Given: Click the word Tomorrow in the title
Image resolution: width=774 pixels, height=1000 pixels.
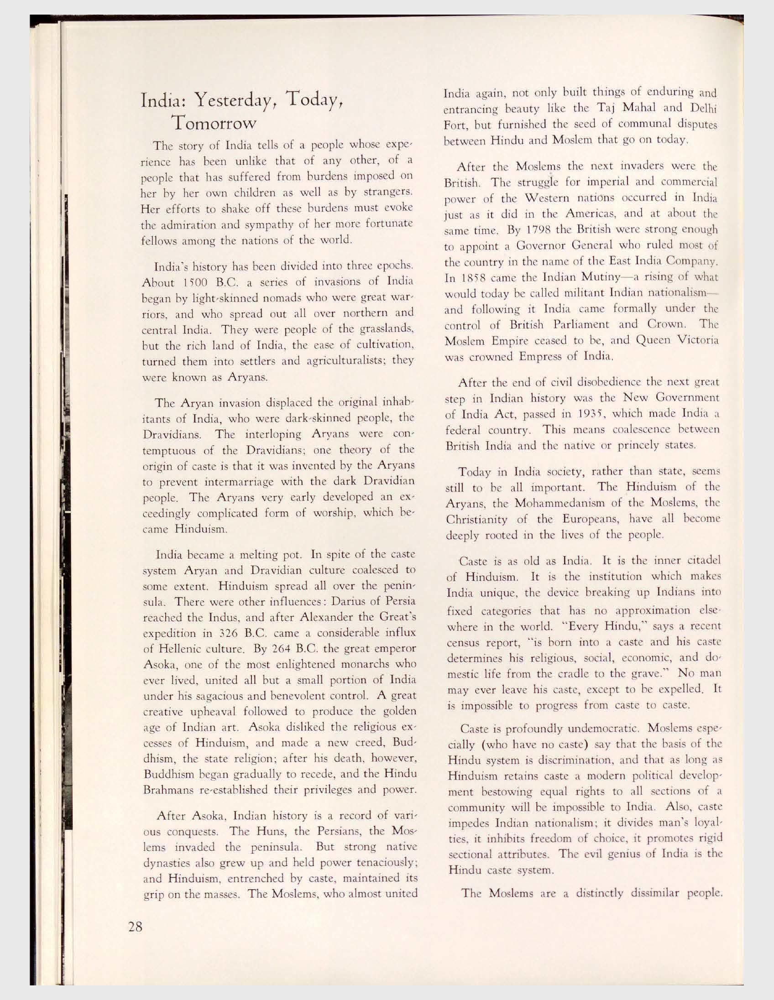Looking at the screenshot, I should (212, 123).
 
